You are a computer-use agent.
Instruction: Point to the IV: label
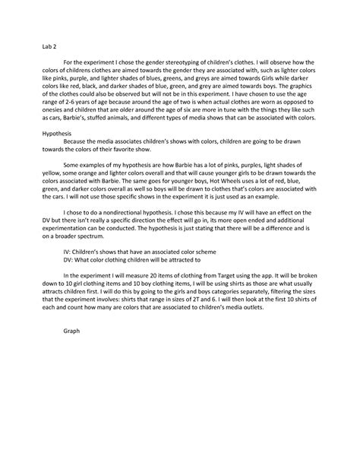tap(67, 249)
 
